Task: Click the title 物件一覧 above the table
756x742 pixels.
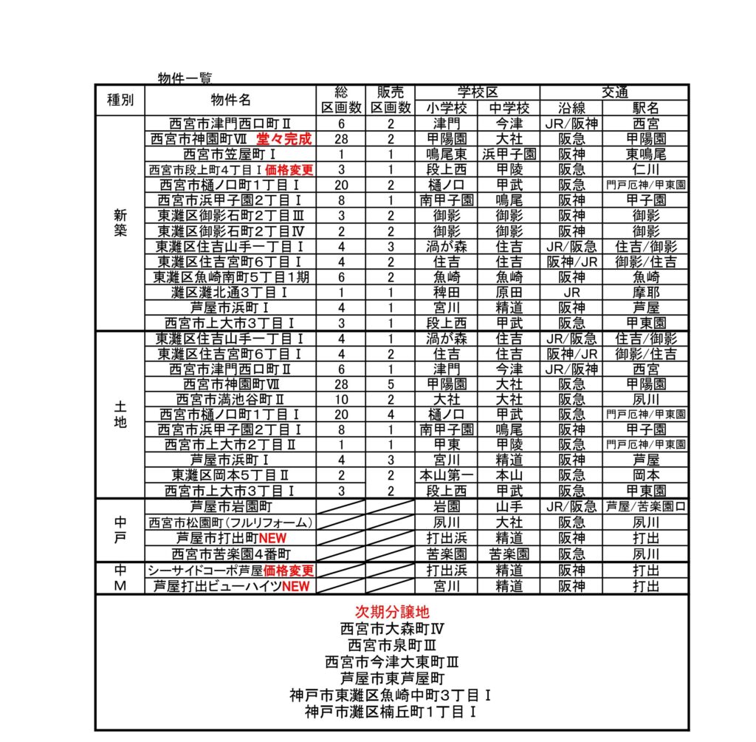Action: click(185, 78)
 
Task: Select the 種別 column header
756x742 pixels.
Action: click(120, 100)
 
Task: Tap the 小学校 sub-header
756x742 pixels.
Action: click(447, 108)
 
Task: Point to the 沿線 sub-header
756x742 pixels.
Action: click(571, 108)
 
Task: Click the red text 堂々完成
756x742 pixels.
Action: click(284, 139)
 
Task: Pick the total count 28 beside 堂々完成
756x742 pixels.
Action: click(341, 139)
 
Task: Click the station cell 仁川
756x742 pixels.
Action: click(645, 169)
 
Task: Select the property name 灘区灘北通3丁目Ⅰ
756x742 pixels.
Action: click(230, 293)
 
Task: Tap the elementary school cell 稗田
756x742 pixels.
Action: click(447, 293)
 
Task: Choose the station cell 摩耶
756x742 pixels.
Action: click(645, 293)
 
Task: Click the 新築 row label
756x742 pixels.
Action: click(120, 222)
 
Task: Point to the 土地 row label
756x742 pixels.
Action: click(120, 415)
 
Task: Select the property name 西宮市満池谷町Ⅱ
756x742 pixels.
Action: click(230, 400)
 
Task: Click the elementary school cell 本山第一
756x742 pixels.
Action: click(447, 475)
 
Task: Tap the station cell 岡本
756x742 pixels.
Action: click(645, 475)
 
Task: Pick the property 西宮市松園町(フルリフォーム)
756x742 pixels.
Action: click(230, 523)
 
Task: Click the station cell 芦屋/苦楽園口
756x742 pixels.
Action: click(645, 506)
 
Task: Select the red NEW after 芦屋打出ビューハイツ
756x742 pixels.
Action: click(295, 587)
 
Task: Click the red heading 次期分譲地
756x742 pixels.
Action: click(392, 612)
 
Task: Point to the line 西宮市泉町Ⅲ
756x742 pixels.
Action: click(392, 645)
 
